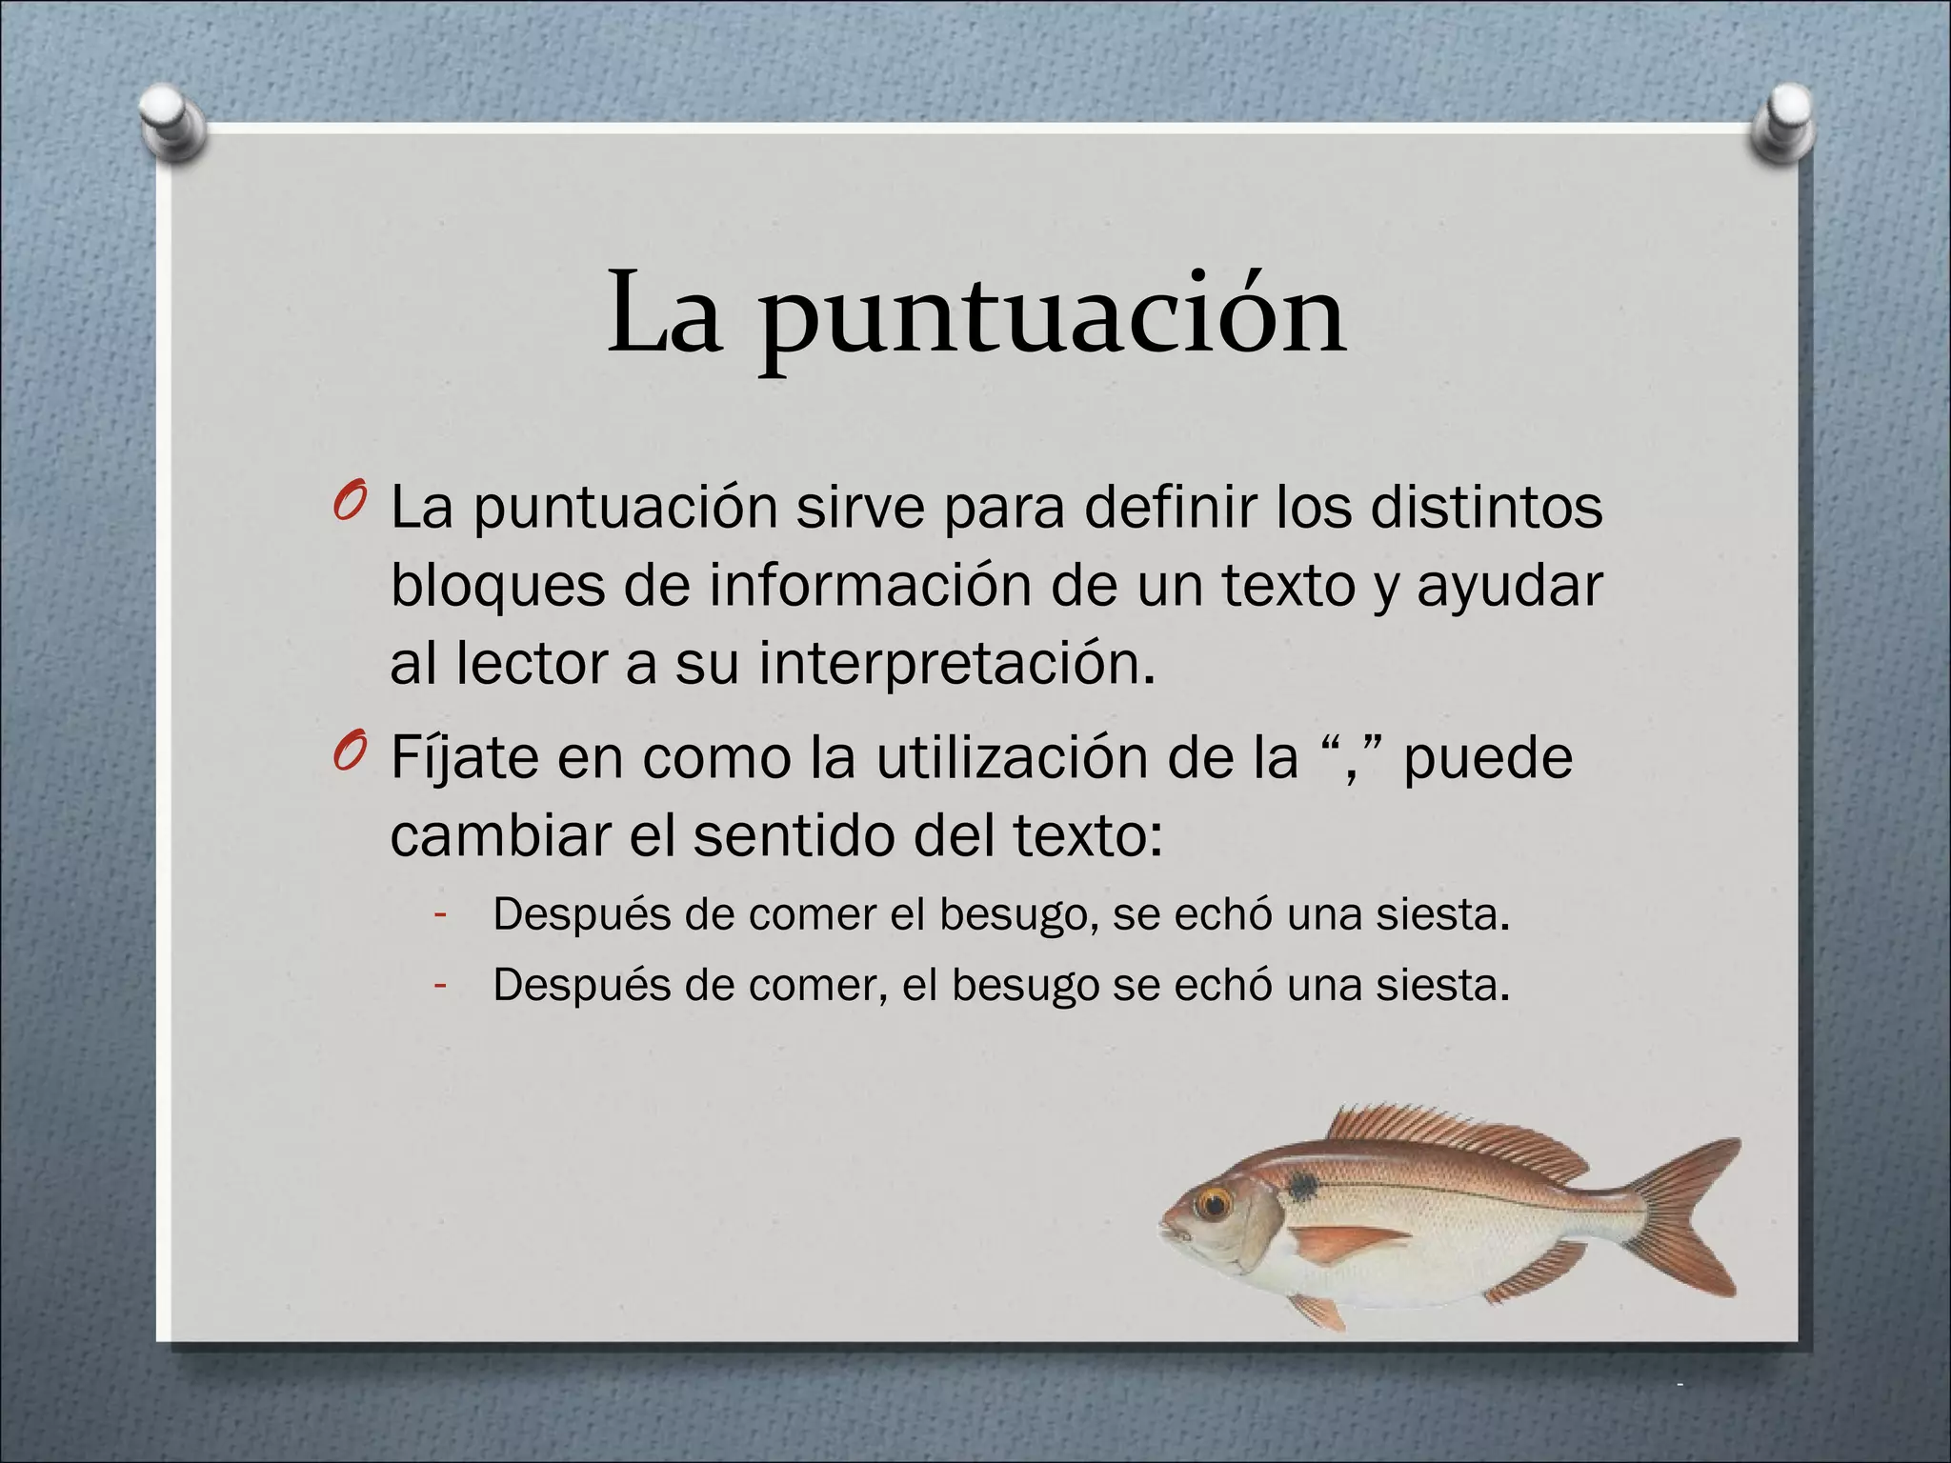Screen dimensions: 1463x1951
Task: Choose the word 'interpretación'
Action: (956, 663)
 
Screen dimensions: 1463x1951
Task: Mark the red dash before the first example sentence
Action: (440, 914)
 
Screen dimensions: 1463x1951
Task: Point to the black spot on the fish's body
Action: (1301, 1185)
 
